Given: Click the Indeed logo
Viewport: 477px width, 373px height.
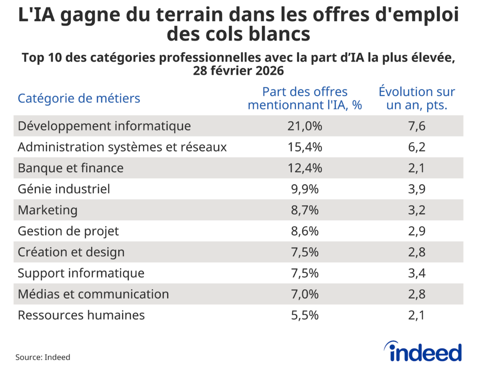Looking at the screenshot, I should [422, 352].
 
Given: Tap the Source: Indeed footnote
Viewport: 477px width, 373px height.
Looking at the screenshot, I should [43, 357].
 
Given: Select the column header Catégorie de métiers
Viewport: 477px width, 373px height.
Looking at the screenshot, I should [79, 98].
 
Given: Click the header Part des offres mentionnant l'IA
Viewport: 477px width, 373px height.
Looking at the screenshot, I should [305, 98].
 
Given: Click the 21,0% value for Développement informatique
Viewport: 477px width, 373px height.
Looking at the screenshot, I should [305, 126].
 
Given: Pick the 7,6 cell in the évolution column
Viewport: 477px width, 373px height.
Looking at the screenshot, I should [416, 126].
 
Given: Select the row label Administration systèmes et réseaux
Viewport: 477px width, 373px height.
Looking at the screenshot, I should [122, 147].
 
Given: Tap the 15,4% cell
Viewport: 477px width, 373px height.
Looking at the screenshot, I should [305, 147].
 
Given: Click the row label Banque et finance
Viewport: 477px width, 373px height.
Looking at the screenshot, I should [70, 168].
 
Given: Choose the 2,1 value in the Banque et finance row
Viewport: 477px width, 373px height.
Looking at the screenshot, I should [416, 168].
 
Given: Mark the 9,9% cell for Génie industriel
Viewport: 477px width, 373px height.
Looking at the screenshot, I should [305, 189].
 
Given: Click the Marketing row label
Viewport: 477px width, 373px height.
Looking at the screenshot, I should [48, 210].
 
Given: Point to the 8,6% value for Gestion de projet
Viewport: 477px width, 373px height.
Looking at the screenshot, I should [305, 231].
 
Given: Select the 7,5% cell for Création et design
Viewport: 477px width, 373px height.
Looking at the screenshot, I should [305, 252].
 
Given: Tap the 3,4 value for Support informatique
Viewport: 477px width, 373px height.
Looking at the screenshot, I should [416, 273].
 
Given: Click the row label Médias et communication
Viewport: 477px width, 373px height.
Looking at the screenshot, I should [93, 294].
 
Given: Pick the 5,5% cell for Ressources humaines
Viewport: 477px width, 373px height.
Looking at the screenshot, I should [305, 315].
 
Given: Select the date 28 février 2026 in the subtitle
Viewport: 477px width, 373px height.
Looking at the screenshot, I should [238, 72].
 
